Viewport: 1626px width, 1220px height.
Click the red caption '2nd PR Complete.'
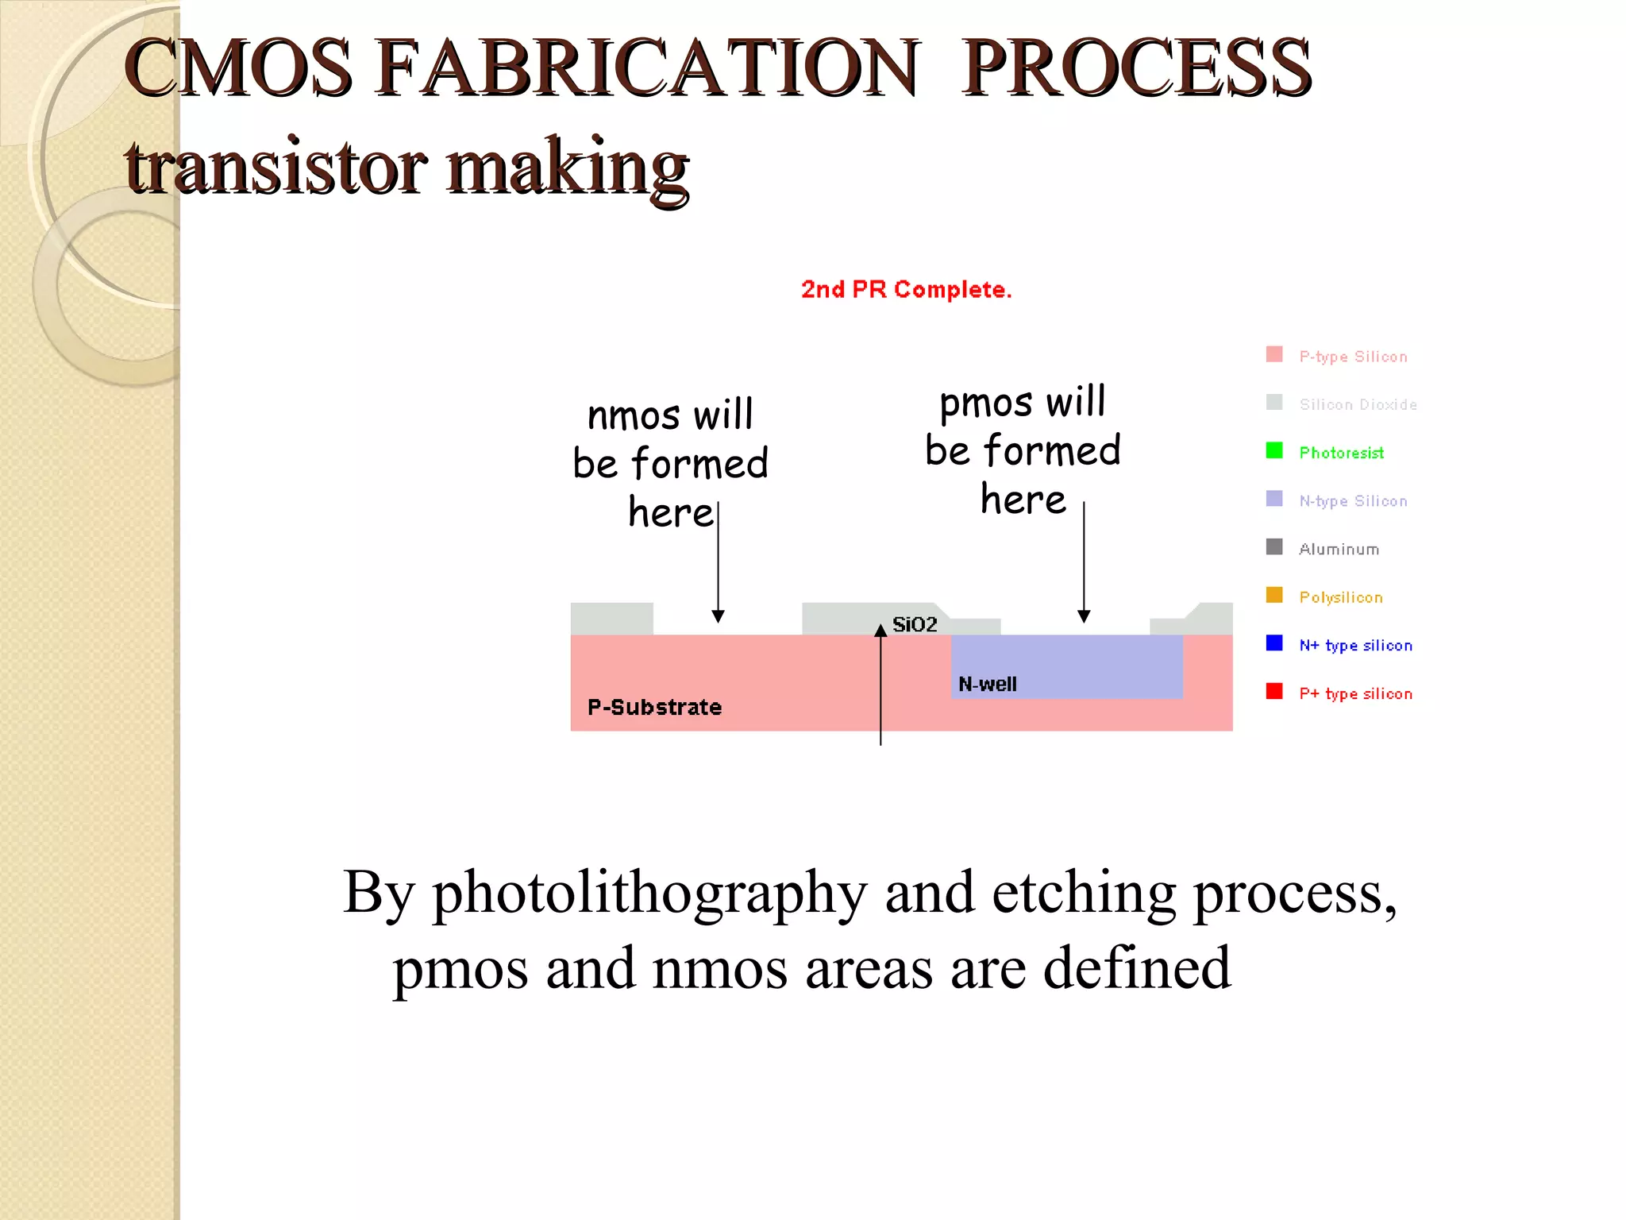coord(906,289)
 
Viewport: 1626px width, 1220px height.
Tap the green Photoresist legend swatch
coord(1274,451)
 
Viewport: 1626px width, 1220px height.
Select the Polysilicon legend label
coord(1340,597)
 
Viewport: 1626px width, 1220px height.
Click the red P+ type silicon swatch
coord(1274,692)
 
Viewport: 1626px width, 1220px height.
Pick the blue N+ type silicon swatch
coord(1274,643)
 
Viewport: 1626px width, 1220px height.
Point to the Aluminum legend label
coord(1339,549)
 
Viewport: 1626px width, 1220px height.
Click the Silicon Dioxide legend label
coord(1358,404)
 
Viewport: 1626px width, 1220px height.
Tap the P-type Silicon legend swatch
coord(1274,354)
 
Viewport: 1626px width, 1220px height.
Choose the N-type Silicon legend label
coord(1353,500)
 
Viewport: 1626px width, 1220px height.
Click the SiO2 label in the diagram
coord(915,624)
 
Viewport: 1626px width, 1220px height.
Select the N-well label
coord(987,684)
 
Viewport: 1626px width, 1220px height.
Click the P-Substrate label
coord(654,707)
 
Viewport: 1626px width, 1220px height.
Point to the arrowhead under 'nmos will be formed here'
coord(718,616)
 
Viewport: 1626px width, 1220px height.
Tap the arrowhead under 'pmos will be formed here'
coord(1084,616)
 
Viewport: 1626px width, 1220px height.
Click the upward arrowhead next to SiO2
coord(880,631)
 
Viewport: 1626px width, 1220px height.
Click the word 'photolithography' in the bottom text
coord(649,893)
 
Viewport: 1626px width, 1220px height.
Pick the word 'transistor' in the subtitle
coord(276,168)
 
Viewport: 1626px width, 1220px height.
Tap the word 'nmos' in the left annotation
coord(634,415)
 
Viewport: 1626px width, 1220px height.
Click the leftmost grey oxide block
coord(611,618)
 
